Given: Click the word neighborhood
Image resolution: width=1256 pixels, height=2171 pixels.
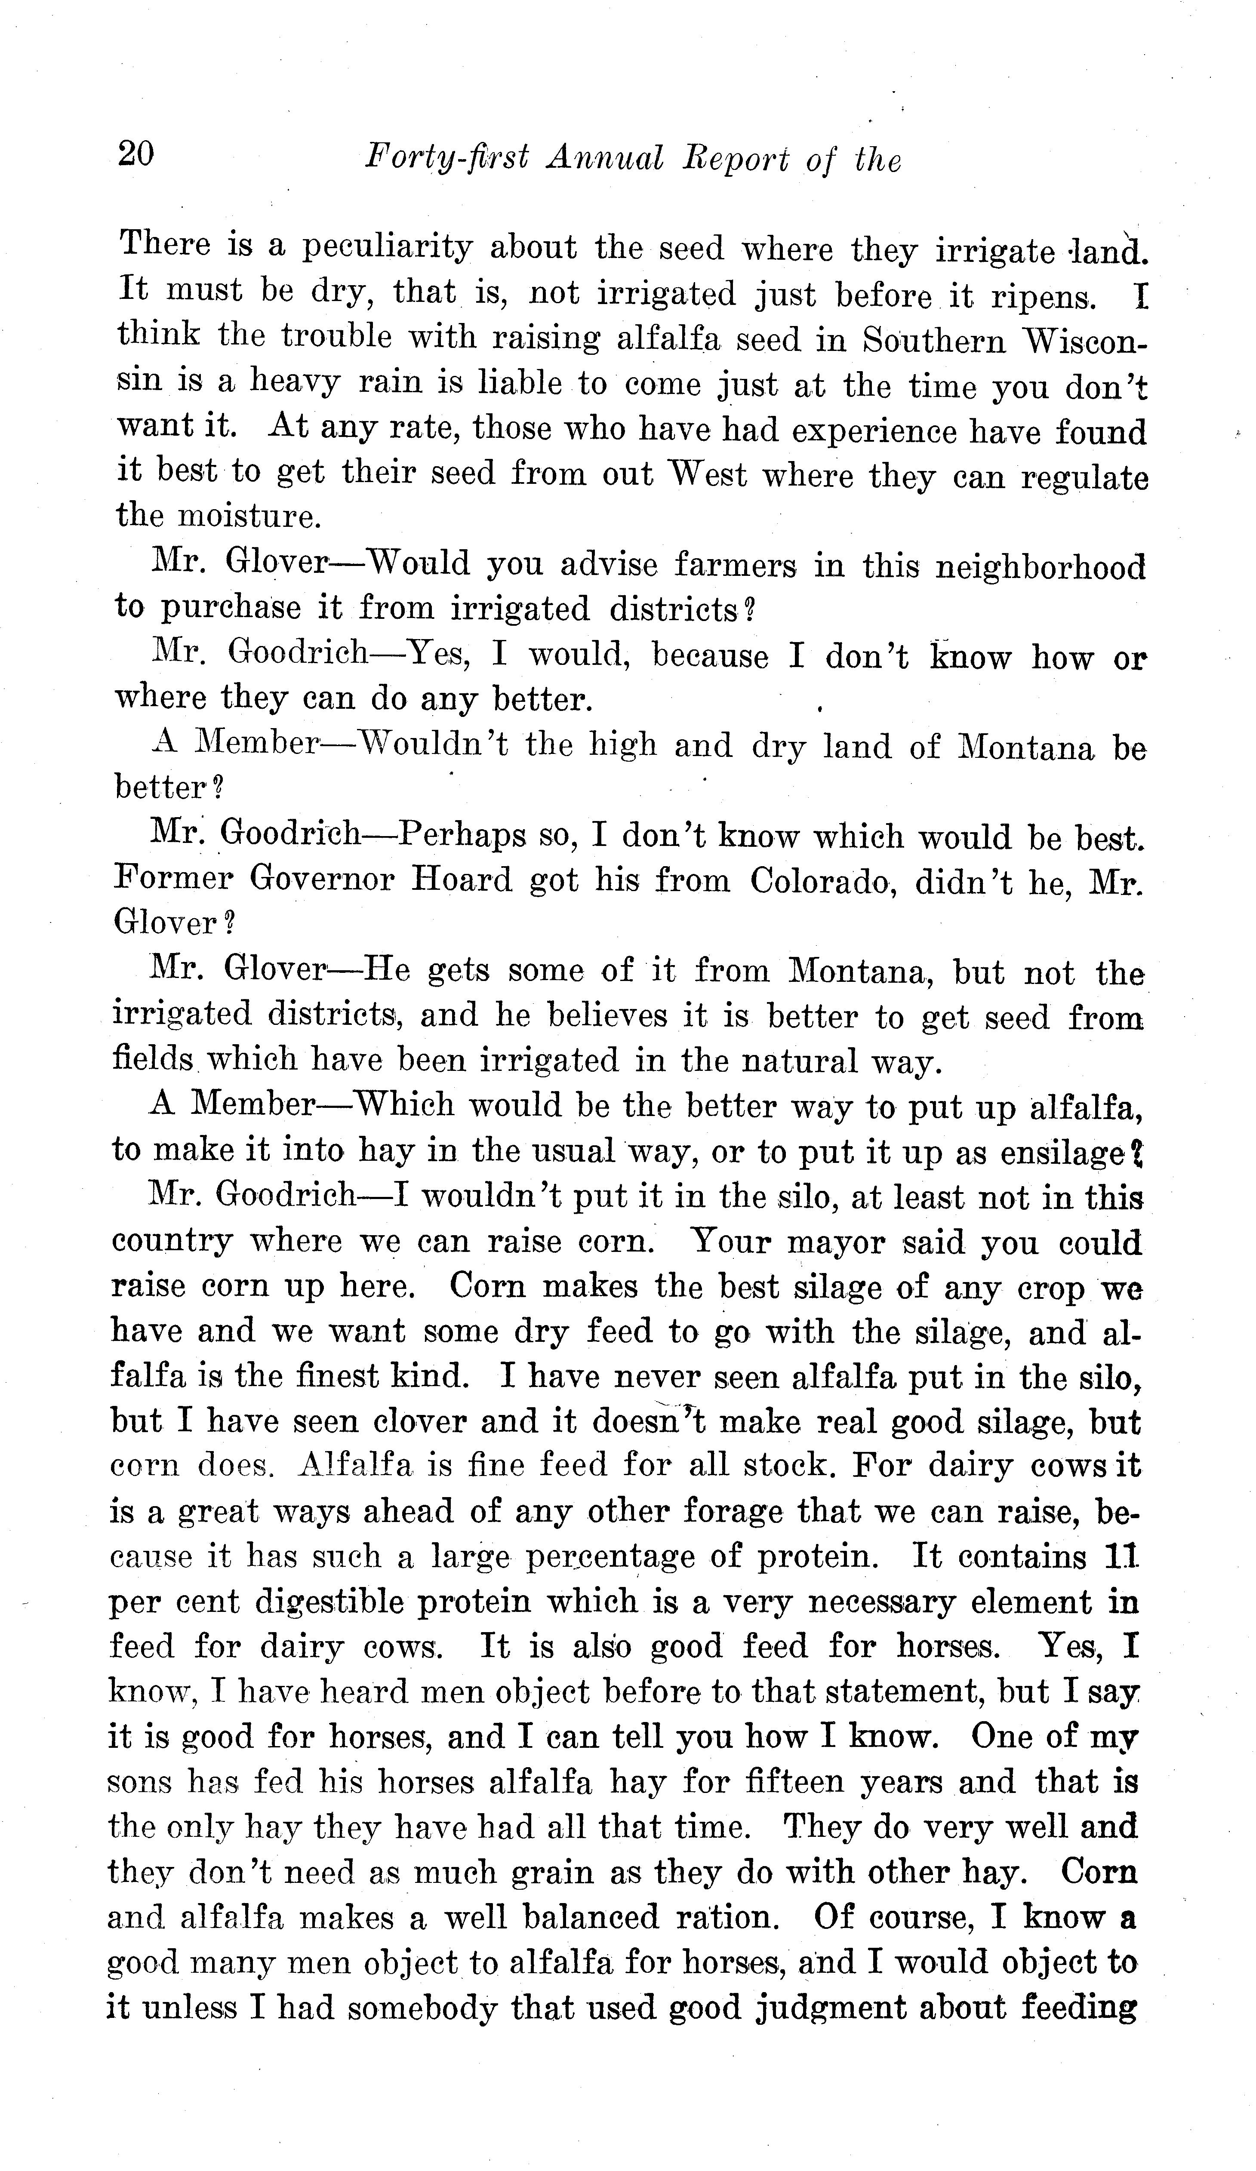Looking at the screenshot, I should tap(1041, 567).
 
